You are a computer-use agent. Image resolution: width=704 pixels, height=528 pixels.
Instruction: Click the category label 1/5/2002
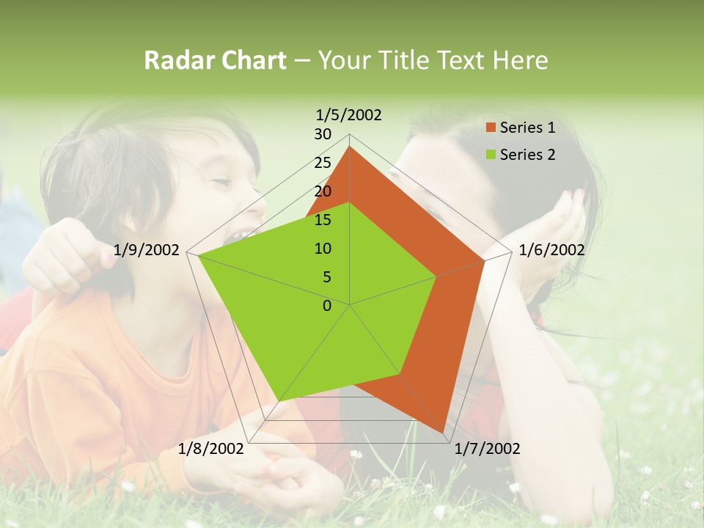pos(349,114)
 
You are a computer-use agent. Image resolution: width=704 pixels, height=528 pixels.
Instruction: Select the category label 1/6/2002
pos(551,250)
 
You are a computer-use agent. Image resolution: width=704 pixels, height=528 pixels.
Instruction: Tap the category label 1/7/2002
pos(487,448)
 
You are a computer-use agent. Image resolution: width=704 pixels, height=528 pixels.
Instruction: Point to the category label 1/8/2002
pos(211,448)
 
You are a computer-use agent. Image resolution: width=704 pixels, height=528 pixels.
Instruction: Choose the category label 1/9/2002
pos(147,250)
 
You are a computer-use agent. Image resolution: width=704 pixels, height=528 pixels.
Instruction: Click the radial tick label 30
pos(323,134)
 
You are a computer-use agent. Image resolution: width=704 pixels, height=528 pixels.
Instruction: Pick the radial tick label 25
pos(323,163)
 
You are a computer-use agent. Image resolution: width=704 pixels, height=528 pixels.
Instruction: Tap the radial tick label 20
pos(323,191)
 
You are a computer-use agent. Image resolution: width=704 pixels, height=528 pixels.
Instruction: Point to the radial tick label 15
pos(323,220)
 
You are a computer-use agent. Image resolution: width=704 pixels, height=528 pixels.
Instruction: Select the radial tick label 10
pos(323,249)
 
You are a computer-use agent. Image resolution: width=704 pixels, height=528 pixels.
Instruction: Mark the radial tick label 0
pos(327,306)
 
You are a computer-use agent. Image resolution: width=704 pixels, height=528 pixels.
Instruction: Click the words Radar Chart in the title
pos(215,60)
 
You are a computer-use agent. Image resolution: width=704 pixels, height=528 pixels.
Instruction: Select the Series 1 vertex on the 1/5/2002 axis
pos(350,146)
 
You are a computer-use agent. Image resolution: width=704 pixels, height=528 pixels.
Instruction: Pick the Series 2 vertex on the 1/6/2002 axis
pos(436,276)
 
